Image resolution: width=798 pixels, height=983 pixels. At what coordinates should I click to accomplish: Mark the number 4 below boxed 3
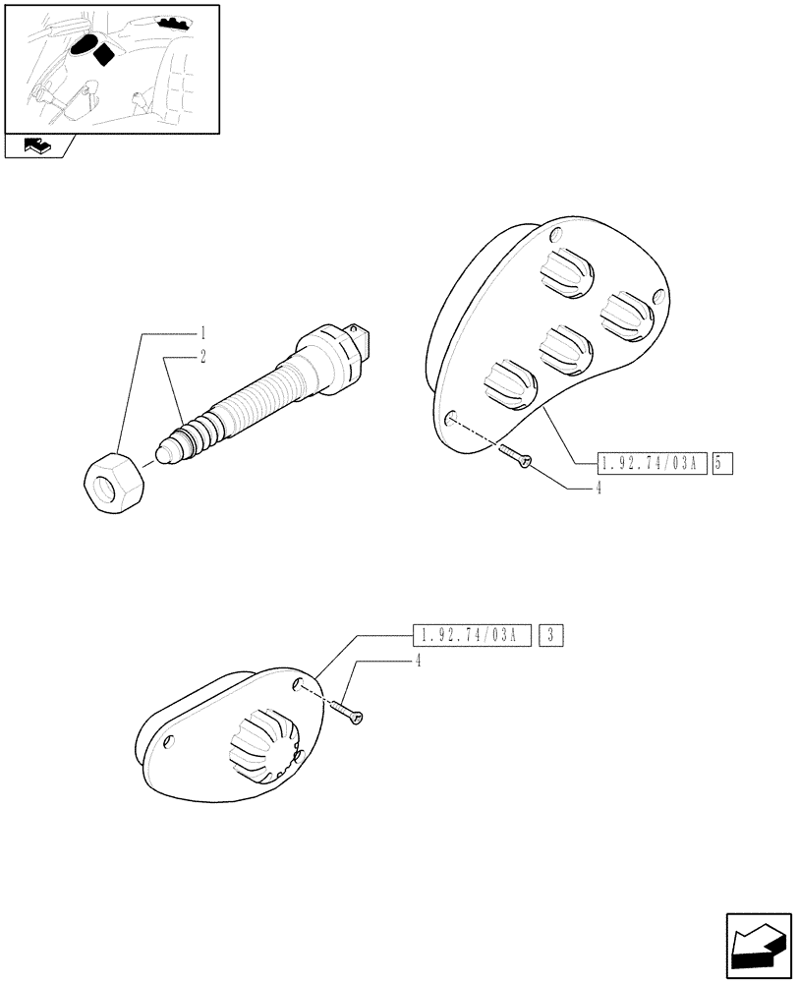(x=418, y=662)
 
